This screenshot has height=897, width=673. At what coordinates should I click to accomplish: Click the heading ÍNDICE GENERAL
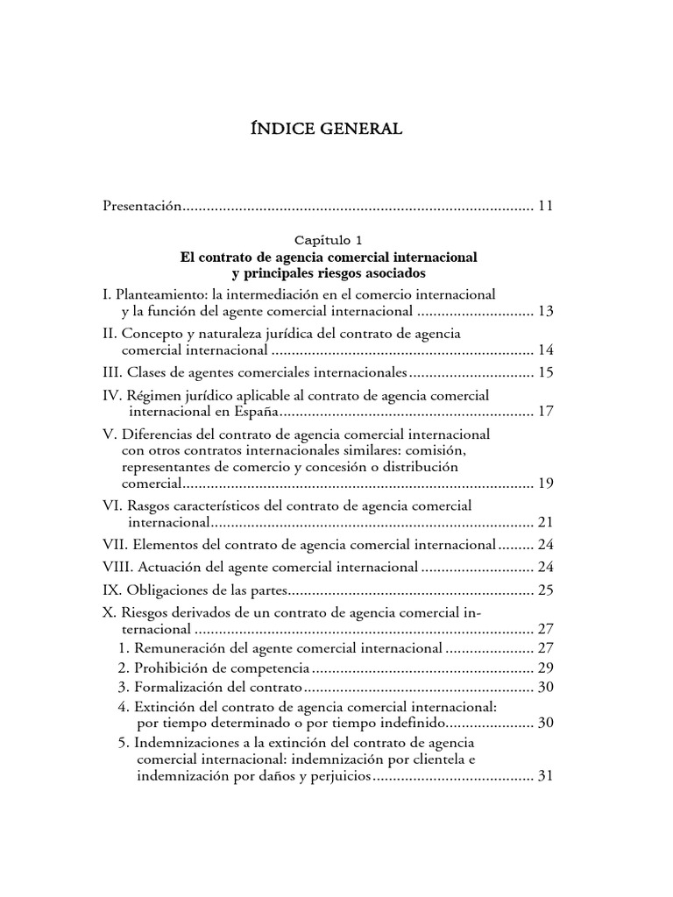(x=326, y=130)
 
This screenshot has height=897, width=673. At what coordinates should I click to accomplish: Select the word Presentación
(x=142, y=207)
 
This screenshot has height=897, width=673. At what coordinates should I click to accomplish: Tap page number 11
(x=546, y=207)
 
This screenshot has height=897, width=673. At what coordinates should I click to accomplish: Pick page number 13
(x=546, y=311)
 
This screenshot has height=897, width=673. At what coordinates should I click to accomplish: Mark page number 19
(x=546, y=483)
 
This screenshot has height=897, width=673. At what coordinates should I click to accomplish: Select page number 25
(x=546, y=590)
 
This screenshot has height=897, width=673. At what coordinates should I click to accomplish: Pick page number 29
(x=546, y=667)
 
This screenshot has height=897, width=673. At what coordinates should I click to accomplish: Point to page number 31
(x=546, y=776)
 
